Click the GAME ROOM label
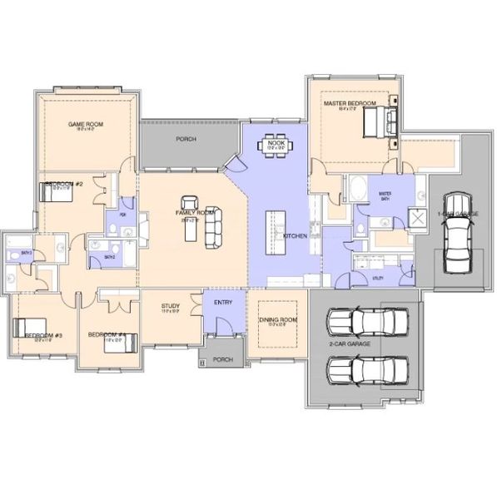point(83,123)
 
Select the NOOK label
point(276,143)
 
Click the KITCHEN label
point(296,237)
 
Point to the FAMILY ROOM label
point(195,214)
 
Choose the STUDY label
point(171,307)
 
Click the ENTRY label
point(223,303)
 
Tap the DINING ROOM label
point(273,320)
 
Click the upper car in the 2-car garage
point(367,322)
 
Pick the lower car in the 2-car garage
point(367,368)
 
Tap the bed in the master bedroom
point(380,126)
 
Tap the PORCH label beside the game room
point(186,139)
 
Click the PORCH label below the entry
point(222,360)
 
